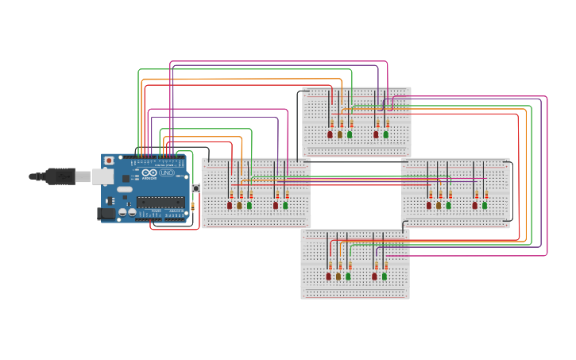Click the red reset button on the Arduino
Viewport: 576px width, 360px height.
pyautogui.click(x=109, y=161)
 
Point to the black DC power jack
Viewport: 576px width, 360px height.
pyautogui.click(x=106, y=213)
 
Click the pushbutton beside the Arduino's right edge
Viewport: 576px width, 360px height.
pyautogui.click(x=195, y=188)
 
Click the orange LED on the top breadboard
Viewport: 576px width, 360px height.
pyautogui.click(x=340, y=134)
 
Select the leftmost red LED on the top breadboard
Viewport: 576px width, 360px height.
pyautogui.click(x=331, y=134)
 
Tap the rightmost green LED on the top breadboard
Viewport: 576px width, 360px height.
pyautogui.click(x=386, y=134)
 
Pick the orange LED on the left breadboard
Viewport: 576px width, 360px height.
pyautogui.click(x=239, y=205)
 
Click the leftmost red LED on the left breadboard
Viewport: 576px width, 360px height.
pyautogui.click(x=230, y=205)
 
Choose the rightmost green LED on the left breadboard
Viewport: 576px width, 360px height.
pyautogui.click(x=285, y=205)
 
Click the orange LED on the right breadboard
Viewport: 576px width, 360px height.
pyautogui.click(x=439, y=205)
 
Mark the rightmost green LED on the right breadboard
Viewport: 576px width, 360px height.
pyautogui.click(x=485, y=205)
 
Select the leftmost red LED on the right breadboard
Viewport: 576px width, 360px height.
pyautogui.click(x=429, y=205)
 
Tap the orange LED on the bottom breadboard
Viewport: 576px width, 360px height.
pyautogui.click(x=338, y=277)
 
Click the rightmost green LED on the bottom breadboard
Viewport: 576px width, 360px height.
pyautogui.click(x=385, y=277)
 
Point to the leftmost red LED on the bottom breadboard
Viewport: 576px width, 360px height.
pyautogui.click(x=329, y=277)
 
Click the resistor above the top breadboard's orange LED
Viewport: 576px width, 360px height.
pyautogui.click(x=340, y=123)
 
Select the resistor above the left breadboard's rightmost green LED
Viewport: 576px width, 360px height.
pyautogui.click(x=286, y=194)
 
